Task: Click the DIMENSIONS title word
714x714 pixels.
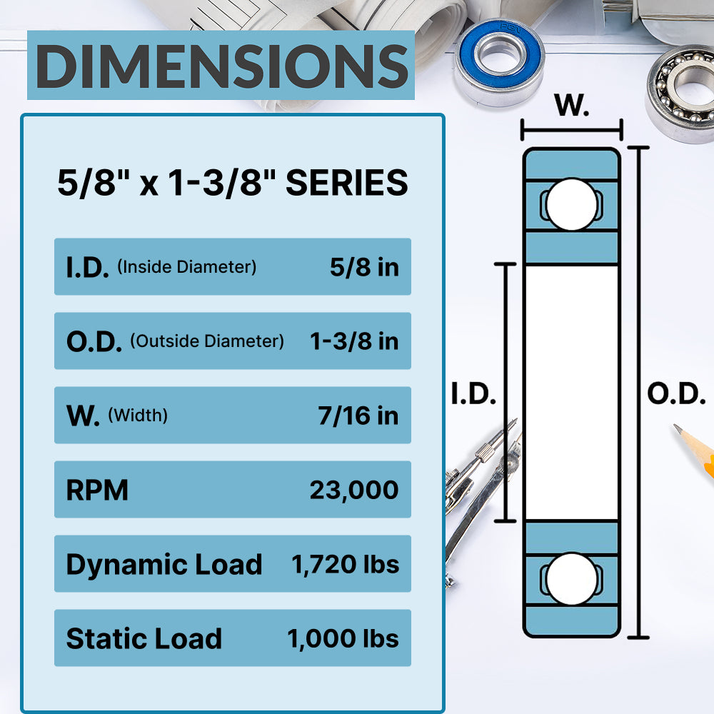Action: [x=221, y=66]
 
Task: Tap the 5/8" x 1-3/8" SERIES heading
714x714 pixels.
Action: [x=233, y=183]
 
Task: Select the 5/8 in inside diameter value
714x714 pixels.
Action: [x=364, y=267]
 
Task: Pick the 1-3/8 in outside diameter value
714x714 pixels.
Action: [x=354, y=341]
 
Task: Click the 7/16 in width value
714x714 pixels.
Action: [x=358, y=416]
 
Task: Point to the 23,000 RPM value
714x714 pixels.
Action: [x=354, y=490]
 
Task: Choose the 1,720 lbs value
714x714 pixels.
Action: [x=346, y=564]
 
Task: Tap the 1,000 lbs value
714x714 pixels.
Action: [x=343, y=638]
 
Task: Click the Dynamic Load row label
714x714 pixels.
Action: [x=164, y=564]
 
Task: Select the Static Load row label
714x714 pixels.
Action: [x=144, y=638]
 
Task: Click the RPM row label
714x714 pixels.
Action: [x=97, y=490]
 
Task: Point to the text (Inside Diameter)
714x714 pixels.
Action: [x=186, y=267]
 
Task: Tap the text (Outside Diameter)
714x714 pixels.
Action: [x=207, y=341]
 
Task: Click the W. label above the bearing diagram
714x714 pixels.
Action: [x=572, y=106]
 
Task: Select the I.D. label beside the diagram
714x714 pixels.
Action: [x=473, y=394]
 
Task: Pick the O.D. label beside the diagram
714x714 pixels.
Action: [x=676, y=394]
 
